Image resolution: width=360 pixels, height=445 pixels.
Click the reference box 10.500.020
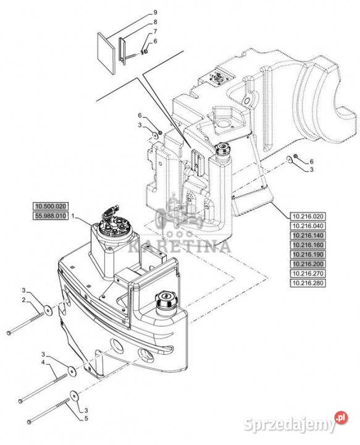coord(51,206)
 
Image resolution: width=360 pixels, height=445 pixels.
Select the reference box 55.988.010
coord(51,216)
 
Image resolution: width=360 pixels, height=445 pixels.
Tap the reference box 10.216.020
coord(308,216)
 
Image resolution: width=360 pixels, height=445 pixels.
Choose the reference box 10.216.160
coord(308,245)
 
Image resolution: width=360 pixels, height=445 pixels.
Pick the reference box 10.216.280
coord(308,283)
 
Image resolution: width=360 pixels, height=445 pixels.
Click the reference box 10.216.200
coord(308,264)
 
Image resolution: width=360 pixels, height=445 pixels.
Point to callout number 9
coord(155,12)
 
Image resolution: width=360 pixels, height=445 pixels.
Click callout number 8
coord(155,22)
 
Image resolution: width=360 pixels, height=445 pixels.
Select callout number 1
coord(73,216)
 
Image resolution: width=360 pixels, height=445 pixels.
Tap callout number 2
coord(24,300)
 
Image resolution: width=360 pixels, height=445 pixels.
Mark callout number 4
coord(43,362)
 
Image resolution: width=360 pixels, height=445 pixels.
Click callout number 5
coord(86,418)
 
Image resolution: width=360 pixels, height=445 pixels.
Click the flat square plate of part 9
coord(106,53)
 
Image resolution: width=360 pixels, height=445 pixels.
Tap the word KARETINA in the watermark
coord(180,247)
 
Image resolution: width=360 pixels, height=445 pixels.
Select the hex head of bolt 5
coord(29,422)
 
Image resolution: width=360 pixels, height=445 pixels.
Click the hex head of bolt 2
coord(9,333)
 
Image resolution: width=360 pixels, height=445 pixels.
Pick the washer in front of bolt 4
coord(72,370)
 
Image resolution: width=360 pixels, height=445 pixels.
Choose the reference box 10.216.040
coord(308,226)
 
